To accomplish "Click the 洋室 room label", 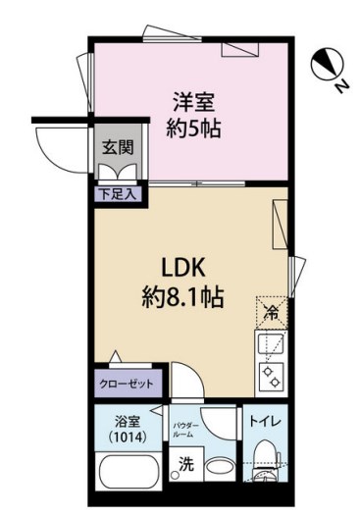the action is coord(194,103).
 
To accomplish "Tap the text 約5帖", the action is coord(194,129).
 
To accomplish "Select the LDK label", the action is coord(183,269).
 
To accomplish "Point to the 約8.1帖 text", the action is coord(183,297).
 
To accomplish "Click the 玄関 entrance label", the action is coord(118,147).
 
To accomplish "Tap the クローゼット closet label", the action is coord(127,384).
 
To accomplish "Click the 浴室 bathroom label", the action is coord(128,422).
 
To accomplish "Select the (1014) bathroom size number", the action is coord(128,437).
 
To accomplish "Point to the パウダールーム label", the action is coord(185,431).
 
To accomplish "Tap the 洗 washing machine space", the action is coord(185,464).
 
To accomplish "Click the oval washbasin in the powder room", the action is coord(220,467).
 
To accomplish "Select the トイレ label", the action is coord(266,421).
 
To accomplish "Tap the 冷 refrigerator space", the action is coord(272,313).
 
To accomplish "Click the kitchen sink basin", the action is coord(271,344).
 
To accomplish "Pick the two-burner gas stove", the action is coord(272,377).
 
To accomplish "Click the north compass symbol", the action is coord(328,65).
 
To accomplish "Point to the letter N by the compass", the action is coord(342,86).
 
